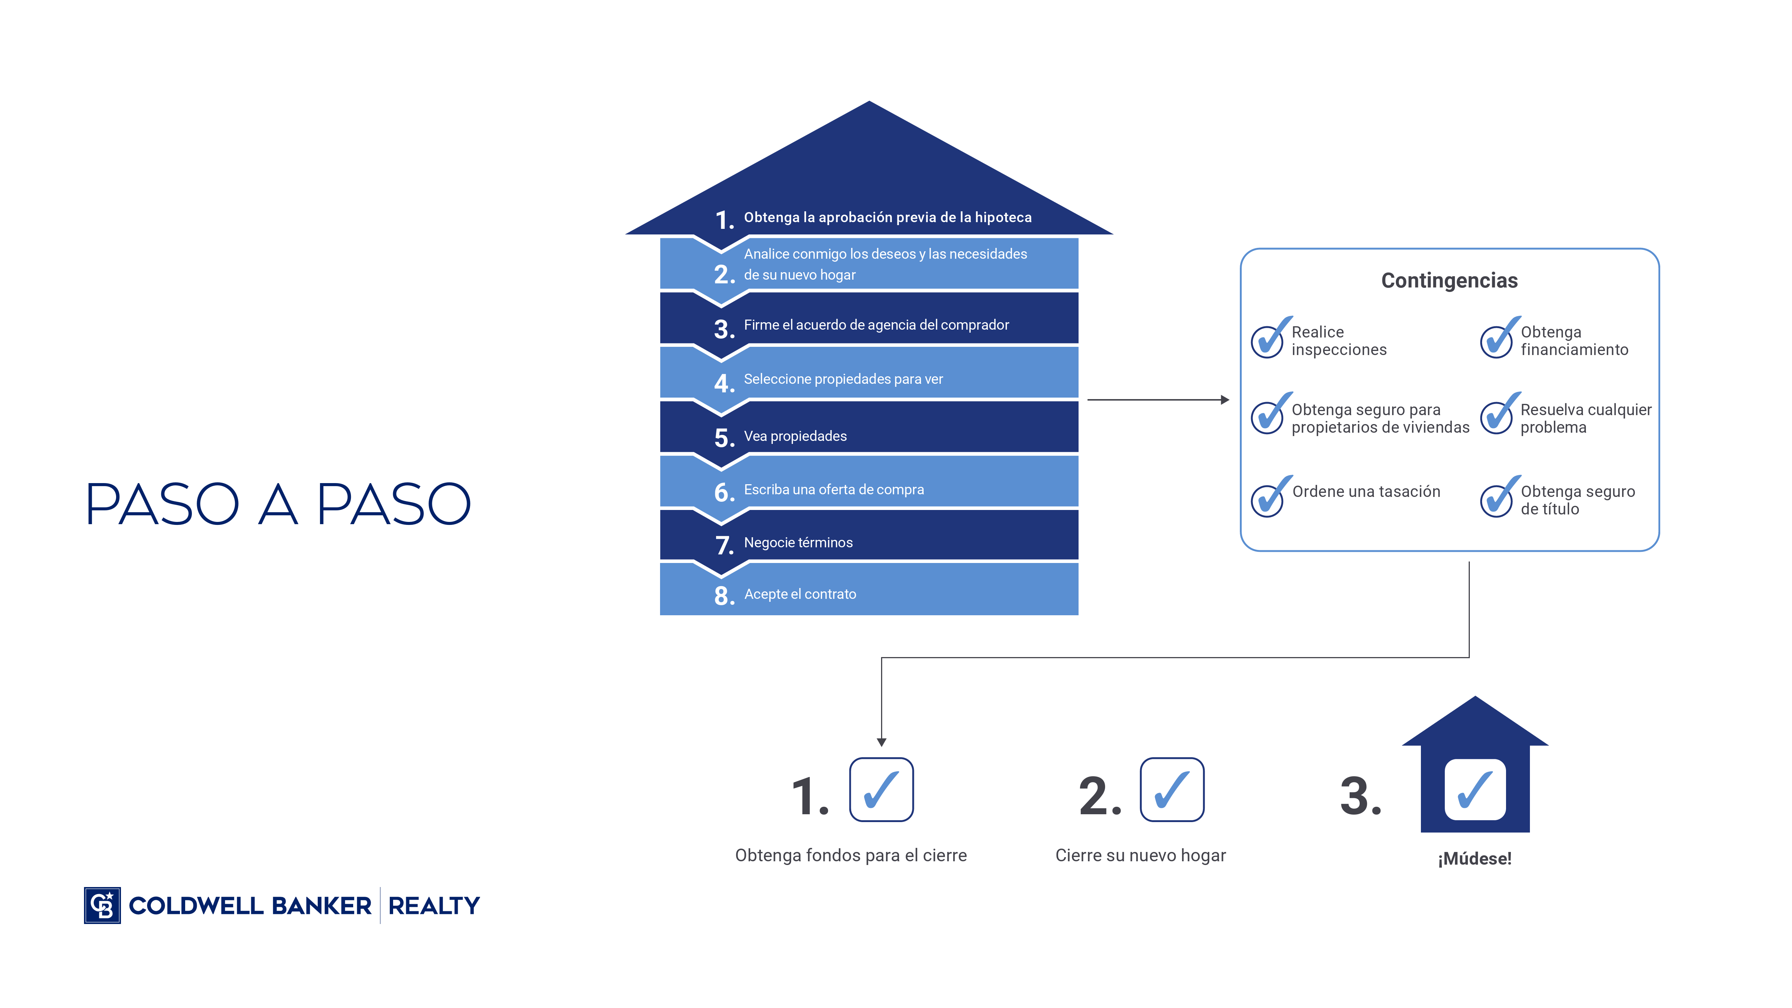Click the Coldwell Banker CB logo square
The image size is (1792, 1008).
[x=102, y=905]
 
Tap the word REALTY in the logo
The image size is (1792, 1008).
[x=434, y=906]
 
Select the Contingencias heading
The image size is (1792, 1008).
[x=1449, y=280]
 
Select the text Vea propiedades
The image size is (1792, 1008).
[x=795, y=436]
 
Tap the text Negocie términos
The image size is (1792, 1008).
[x=798, y=542]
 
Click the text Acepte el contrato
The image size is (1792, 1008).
[x=800, y=594]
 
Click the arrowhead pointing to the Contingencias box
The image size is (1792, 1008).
[x=1225, y=400]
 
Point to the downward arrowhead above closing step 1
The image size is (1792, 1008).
[x=881, y=742]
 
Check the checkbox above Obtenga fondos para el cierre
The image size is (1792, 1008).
[x=881, y=790]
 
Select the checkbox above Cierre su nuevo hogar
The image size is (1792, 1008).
[x=1172, y=790]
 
